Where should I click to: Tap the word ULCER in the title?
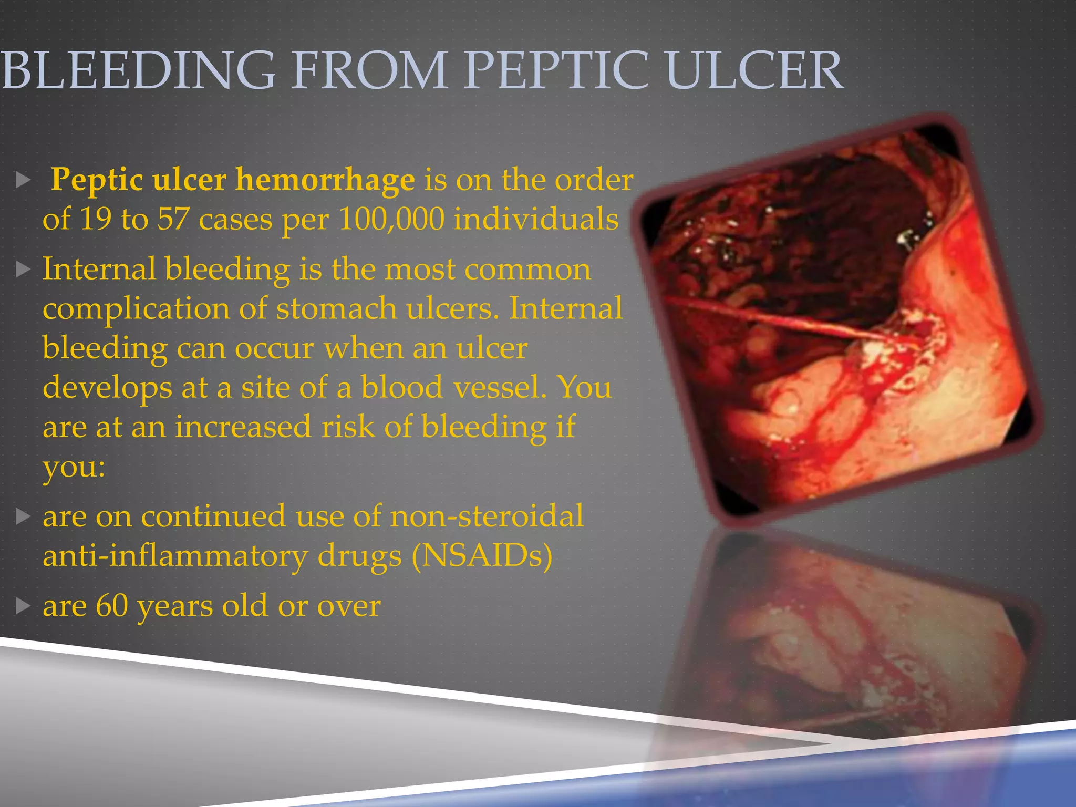click(x=754, y=70)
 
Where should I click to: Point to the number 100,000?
click(x=391, y=219)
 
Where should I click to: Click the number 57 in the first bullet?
click(x=173, y=219)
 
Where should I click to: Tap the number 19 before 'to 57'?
click(x=95, y=219)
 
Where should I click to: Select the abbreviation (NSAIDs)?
click(x=482, y=556)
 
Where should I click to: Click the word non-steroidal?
click(x=487, y=516)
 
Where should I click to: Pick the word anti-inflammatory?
click(x=174, y=556)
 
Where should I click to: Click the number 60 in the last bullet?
click(x=111, y=606)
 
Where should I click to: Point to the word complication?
click(x=136, y=309)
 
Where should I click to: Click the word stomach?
click(x=337, y=308)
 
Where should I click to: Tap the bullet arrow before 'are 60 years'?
click(x=23, y=606)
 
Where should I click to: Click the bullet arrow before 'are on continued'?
click(x=23, y=516)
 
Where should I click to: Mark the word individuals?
click(x=536, y=219)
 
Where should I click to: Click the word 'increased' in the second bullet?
click(x=243, y=427)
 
